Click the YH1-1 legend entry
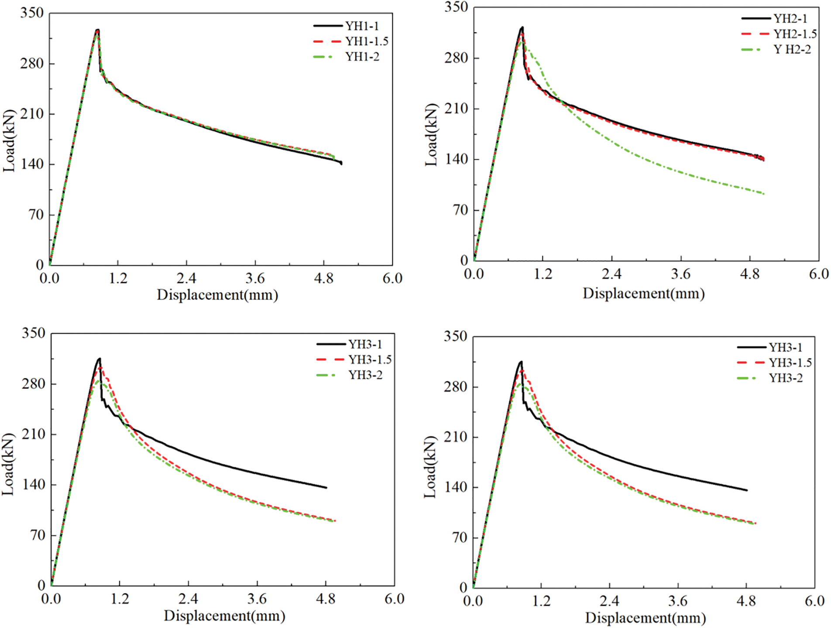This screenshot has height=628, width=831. pos(362,26)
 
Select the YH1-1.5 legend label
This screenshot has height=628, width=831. pos(367,41)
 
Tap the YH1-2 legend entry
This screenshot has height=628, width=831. pos(362,57)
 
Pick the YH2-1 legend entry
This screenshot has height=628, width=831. pos(790,18)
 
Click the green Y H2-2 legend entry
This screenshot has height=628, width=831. pos(792,50)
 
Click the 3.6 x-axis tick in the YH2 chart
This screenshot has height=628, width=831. pos(680,274)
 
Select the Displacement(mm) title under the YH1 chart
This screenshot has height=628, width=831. pos(217,295)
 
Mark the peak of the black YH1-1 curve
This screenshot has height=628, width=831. pos(98,30)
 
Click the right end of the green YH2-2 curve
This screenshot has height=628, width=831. pos(764,194)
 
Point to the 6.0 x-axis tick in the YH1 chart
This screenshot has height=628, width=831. pos(392,278)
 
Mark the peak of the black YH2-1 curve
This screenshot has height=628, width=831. pos(522,27)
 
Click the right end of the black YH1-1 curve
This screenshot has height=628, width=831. pos(341,163)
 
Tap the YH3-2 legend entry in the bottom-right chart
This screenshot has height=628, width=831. pos(786,378)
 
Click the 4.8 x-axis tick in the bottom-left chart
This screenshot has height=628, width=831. pos(326,599)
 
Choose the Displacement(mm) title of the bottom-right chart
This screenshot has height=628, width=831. pos(646,618)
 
